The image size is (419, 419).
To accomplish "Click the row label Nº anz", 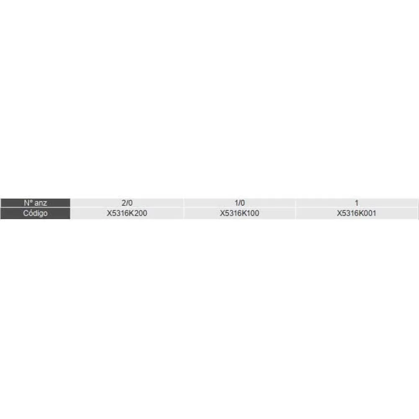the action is (35, 203).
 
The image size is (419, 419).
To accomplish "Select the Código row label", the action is (35, 213).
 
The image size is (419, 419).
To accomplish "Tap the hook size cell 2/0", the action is (127, 203).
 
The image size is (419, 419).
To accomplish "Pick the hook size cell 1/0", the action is (239, 203).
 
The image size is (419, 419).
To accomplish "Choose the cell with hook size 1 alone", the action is (357, 203).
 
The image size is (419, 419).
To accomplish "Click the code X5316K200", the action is (127, 213).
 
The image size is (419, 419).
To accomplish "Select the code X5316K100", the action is (239, 213).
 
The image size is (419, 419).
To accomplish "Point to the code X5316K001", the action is (357, 213).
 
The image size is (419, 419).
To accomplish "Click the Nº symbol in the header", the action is (28, 203).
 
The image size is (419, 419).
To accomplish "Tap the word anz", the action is (41, 203).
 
